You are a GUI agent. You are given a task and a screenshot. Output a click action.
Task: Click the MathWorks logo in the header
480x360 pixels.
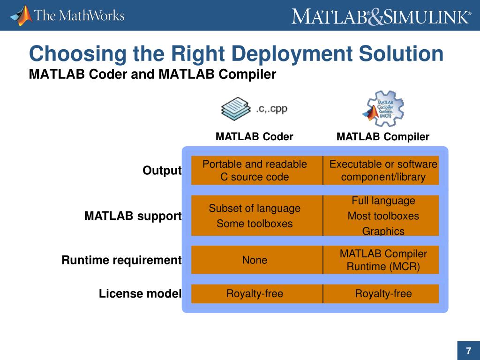click(67, 15)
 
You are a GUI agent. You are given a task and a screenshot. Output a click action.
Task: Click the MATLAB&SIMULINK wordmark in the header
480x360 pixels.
click(381, 16)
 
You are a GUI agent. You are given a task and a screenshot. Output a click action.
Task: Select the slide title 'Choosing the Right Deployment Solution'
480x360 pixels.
click(236, 54)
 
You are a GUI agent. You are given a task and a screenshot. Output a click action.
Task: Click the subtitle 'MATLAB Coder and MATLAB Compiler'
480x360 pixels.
click(152, 74)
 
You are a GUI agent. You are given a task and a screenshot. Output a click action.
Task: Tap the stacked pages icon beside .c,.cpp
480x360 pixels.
click(237, 109)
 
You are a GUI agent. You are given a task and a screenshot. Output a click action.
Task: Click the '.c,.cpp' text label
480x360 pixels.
click(271, 109)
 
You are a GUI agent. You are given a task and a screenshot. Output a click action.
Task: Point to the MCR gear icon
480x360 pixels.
click(383, 109)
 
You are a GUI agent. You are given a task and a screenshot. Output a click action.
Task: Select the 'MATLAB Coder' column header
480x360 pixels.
click(254, 137)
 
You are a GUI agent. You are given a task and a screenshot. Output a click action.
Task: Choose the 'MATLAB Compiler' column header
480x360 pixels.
click(382, 137)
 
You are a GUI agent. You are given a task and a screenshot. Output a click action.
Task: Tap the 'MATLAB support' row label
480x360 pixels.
click(133, 216)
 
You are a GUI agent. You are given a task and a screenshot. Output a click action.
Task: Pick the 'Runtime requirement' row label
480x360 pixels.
click(121, 260)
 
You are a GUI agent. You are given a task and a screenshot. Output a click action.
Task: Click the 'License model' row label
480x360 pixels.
click(140, 294)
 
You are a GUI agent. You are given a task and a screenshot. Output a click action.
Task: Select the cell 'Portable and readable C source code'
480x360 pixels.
click(255, 171)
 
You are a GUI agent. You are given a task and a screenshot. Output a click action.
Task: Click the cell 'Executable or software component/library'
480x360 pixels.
click(383, 171)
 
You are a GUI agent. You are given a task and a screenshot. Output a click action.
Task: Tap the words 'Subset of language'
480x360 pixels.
click(255, 208)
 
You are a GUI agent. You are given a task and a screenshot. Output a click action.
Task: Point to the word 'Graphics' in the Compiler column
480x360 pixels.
click(383, 231)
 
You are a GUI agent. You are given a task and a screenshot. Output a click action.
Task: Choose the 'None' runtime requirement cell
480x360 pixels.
click(255, 260)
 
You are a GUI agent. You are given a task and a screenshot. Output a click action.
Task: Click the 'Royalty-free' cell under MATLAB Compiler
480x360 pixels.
click(383, 294)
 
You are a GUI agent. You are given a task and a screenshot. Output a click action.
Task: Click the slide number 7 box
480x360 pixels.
click(468, 351)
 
